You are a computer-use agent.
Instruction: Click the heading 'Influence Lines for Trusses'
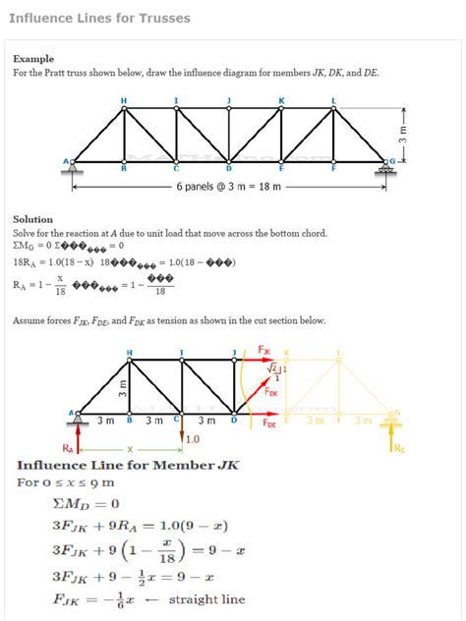pos(99,19)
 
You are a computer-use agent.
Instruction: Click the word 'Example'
pos(34,59)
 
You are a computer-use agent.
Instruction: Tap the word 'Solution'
pos(33,219)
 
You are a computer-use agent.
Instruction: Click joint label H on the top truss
pos(123,100)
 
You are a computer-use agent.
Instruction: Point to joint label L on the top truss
pos(333,100)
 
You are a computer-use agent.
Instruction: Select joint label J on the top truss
pos(228,100)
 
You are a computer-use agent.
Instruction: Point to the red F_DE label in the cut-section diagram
pos(269,423)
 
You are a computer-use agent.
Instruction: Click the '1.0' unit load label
pos(193,439)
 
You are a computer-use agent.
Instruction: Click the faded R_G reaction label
pos(397,449)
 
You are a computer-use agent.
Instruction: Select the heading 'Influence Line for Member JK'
pos(128,465)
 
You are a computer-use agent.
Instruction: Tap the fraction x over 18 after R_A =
pos(59,285)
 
